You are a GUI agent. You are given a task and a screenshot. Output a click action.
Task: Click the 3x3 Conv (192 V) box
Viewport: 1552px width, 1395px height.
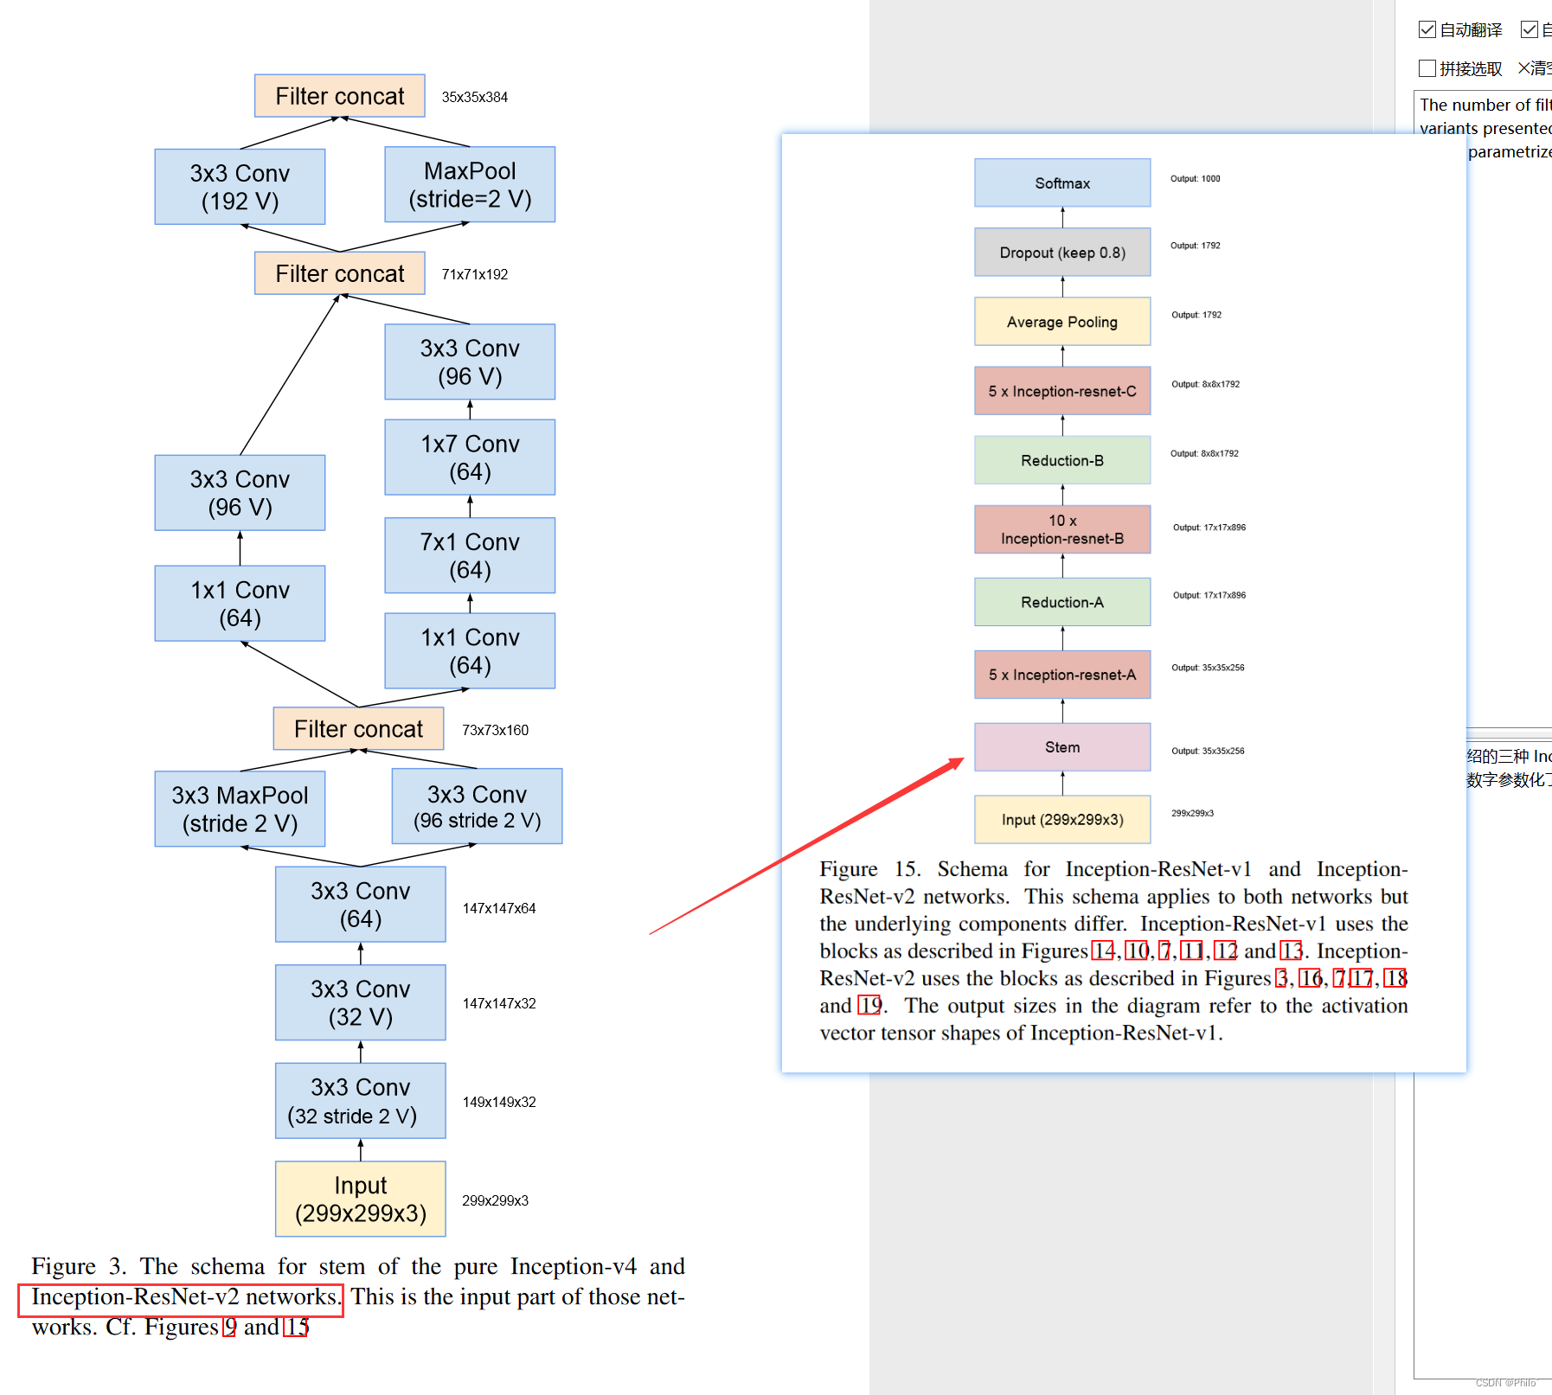[240, 187]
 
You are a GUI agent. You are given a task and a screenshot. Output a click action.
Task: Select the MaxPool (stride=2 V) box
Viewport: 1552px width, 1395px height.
[470, 184]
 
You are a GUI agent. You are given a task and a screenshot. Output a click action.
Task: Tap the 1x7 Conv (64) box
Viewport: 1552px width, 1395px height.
[470, 458]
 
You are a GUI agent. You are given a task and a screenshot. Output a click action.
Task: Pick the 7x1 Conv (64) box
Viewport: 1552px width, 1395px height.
[470, 555]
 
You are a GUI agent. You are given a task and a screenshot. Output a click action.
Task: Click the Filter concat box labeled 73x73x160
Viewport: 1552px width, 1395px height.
[358, 729]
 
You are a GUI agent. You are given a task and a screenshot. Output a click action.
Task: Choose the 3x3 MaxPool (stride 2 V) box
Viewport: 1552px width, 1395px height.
[240, 809]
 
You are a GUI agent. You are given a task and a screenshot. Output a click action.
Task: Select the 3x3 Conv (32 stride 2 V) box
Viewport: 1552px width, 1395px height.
[360, 1101]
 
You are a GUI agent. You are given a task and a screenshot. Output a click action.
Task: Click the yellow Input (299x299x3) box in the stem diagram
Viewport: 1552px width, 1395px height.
[360, 1199]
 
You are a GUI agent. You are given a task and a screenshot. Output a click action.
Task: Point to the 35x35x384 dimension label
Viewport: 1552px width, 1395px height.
[475, 98]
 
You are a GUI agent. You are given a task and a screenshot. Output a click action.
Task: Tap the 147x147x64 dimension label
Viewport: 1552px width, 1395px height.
[499, 909]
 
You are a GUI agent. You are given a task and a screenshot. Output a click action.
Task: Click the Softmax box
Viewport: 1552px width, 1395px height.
[1062, 183]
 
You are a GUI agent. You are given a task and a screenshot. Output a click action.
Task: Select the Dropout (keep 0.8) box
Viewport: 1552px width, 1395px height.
[1062, 253]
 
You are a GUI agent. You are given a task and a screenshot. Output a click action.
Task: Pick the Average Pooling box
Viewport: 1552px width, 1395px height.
[1062, 322]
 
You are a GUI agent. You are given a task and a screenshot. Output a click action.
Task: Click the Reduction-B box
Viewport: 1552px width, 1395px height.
[1062, 460]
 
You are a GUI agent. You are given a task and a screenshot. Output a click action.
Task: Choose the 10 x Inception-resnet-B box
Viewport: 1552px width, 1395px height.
[1062, 529]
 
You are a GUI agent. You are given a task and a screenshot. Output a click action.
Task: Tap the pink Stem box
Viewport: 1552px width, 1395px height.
[1062, 747]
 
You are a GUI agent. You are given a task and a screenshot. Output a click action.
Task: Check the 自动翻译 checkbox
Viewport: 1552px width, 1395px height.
[1427, 30]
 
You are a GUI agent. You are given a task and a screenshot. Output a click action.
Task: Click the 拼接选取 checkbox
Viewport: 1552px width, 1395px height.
[1427, 68]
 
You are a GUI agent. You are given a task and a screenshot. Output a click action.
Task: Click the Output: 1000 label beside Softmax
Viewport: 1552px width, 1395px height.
[1196, 179]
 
